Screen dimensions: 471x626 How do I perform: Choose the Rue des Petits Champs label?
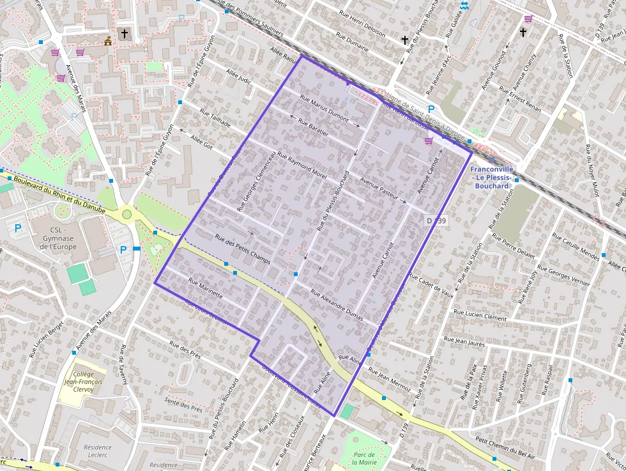(x=242, y=249)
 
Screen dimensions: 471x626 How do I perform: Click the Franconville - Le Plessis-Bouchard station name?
(x=492, y=178)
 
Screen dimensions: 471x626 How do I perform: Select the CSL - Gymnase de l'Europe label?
(x=54, y=238)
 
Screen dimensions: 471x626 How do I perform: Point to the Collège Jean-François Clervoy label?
(x=84, y=382)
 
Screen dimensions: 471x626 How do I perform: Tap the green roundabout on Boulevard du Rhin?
(x=126, y=214)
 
